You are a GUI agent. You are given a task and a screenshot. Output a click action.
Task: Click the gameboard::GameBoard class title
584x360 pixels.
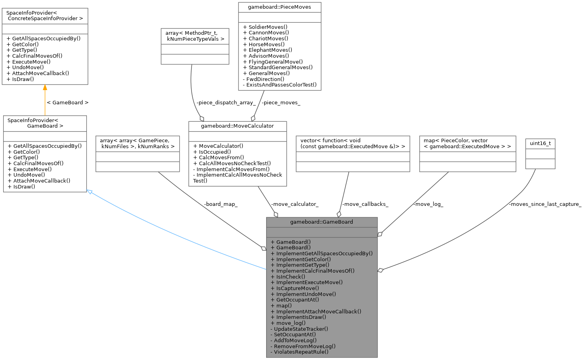pyautogui.click(x=321, y=222)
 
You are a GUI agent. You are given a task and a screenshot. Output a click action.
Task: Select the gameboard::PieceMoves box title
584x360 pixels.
pyautogui.click(x=279, y=7)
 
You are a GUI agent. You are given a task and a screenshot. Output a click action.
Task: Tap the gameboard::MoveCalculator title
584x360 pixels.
pyautogui.click(x=237, y=126)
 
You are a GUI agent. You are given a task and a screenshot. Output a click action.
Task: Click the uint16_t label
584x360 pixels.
pyautogui.click(x=540, y=143)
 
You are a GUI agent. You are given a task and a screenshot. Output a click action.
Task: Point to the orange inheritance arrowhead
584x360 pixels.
pyautogui.click(x=45, y=87)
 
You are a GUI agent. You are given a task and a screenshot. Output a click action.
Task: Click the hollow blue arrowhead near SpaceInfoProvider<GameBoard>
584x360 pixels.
pyautogui.click(x=90, y=192)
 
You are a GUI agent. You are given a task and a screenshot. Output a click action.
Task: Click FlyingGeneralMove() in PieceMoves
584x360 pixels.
pyautogui.click(x=276, y=62)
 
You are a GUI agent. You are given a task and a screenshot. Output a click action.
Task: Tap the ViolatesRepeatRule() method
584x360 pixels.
pyautogui.click(x=301, y=352)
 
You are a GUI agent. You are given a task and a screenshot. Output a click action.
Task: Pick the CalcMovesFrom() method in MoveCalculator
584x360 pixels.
pyautogui.click(x=221, y=157)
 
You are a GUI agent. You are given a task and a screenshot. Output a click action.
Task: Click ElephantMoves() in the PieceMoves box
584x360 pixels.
pyautogui.click(x=270, y=50)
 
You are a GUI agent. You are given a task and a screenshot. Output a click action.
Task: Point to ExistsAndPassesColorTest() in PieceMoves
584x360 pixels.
pyautogui.click(x=281, y=85)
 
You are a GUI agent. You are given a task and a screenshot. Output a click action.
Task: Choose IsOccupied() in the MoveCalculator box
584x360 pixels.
pyautogui.click(x=215, y=151)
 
